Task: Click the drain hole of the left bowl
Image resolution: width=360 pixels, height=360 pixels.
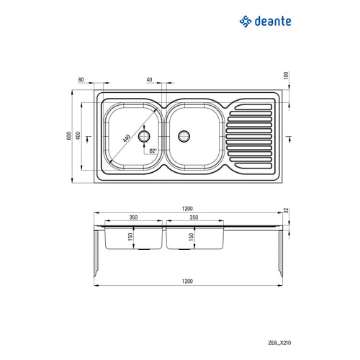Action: click(x=145, y=135)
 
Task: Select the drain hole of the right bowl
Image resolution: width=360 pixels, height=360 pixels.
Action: click(x=184, y=135)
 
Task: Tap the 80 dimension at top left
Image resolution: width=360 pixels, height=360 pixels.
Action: click(x=81, y=80)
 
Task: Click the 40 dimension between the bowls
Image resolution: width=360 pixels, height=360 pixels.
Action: click(x=149, y=80)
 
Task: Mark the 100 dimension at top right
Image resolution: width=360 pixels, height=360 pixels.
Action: click(x=286, y=76)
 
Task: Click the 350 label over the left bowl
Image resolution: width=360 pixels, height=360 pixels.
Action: click(x=133, y=217)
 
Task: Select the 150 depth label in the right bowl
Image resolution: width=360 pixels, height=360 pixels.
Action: click(x=192, y=237)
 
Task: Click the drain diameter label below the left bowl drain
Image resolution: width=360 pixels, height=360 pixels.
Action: click(x=153, y=151)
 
